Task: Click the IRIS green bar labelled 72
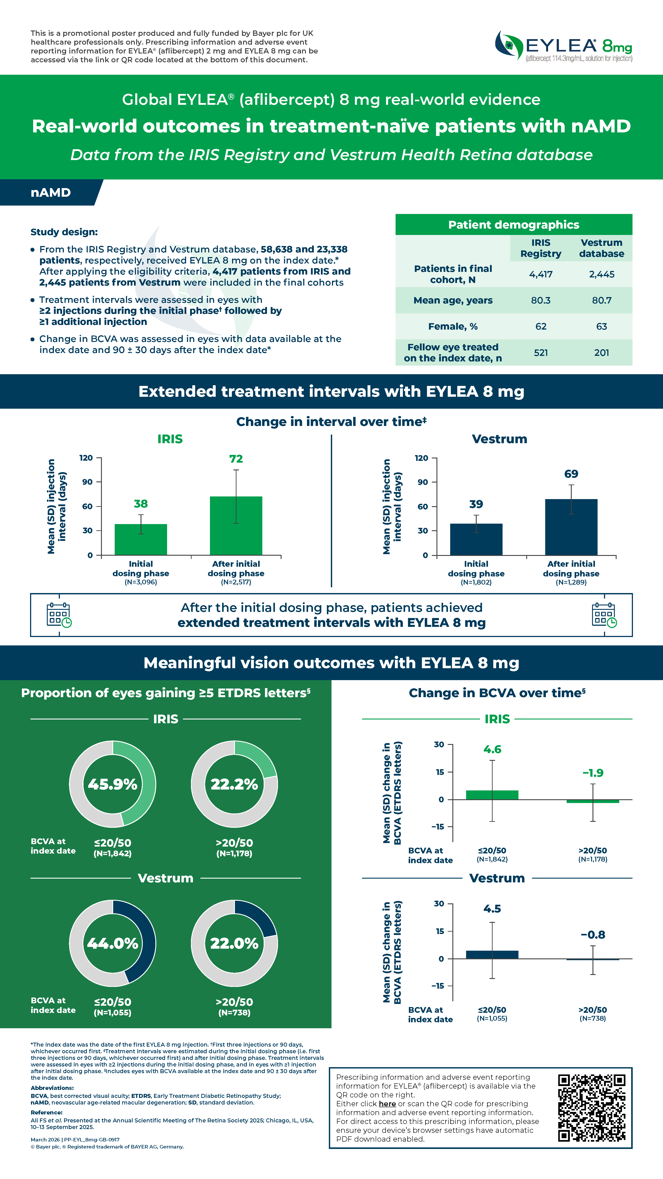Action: click(236, 525)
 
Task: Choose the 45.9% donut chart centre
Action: click(112, 784)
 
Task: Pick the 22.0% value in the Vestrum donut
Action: click(234, 943)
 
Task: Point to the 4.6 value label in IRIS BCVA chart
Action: click(492, 749)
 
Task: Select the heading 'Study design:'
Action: click(64, 232)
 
